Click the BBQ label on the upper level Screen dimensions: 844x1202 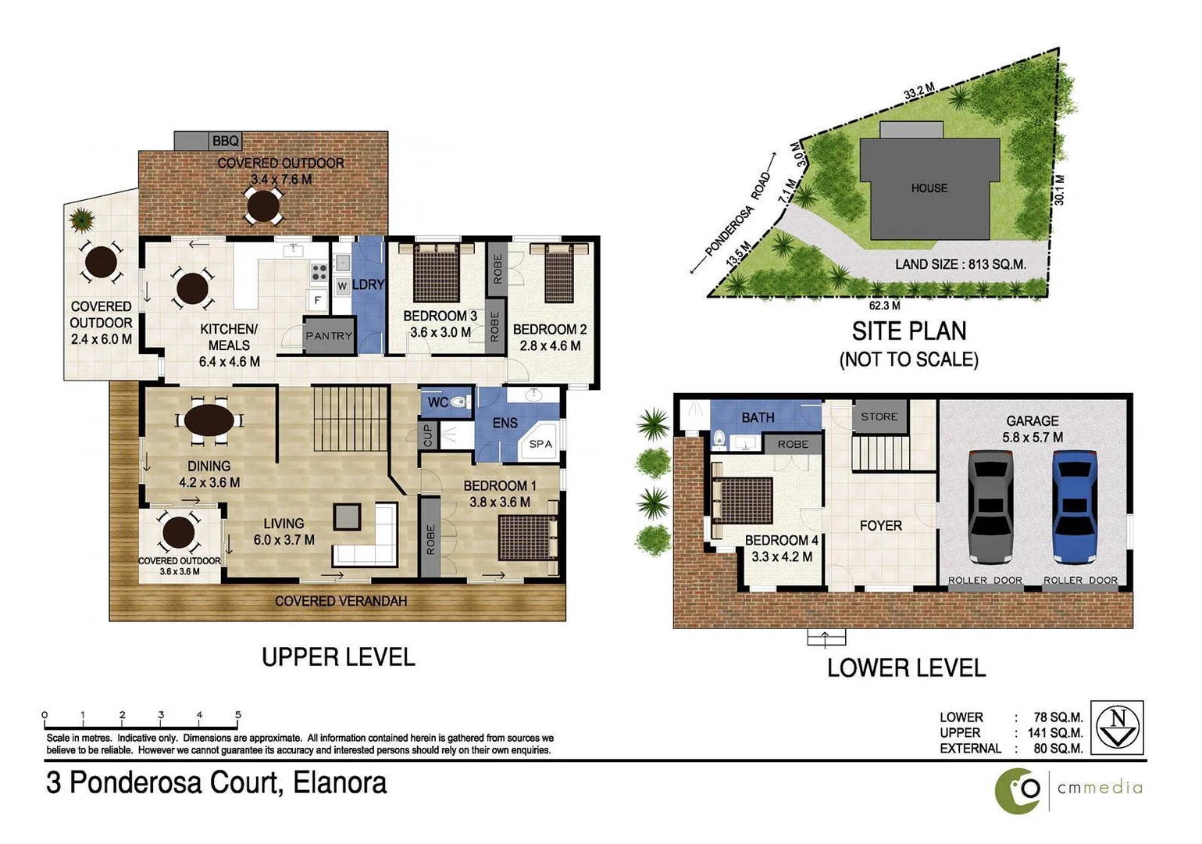click(x=225, y=141)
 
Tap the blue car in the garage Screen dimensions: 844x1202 click(x=1075, y=506)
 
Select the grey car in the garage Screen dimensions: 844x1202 click(x=990, y=506)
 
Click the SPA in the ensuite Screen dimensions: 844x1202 click(x=540, y=444)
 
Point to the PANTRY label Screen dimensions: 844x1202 click(x=329, y=336)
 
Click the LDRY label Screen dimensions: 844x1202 click(x=368, y=284)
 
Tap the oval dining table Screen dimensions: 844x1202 click(x=209, y=420)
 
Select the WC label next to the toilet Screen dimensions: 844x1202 click(x=438, y=402)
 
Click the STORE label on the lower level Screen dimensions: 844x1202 click(x=879, y=417)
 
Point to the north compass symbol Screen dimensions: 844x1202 click(x=1117, y=727)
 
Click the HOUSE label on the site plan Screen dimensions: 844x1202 click(x=929, y=188)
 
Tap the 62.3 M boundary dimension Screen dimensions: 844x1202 click(x=884, y=306)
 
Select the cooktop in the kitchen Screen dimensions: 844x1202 click(x=319, y=272)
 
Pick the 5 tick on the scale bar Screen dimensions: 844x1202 click(x=238, y=715)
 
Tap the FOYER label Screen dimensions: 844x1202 click(x=880, y=526)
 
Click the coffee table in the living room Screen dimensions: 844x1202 click(x=347, y=517)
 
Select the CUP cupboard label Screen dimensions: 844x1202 click(x=428, y=436)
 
